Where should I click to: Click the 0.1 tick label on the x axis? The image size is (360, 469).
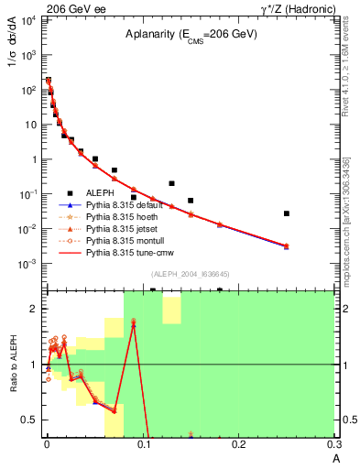point(143,443)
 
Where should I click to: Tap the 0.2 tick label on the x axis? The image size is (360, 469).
point(239,443)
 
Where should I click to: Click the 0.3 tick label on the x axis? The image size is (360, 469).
point(334,443)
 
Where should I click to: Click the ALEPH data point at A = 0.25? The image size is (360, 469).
point(287,213)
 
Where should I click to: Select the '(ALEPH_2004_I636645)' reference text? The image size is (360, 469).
point(190,273)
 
